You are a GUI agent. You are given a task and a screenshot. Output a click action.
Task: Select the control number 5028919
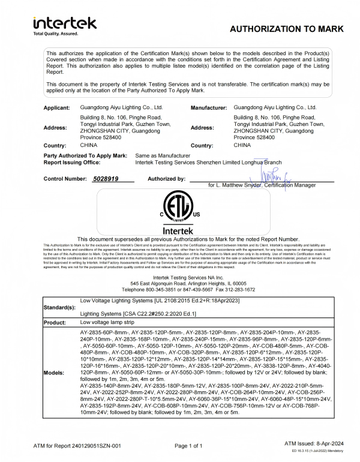tap(106, 179)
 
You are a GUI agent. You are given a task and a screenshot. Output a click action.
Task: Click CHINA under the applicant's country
tap(89, 145)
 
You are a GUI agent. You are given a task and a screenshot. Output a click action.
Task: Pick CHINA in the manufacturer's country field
tap(242, 145)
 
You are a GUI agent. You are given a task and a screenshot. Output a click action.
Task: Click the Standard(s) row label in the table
tap(60, 307)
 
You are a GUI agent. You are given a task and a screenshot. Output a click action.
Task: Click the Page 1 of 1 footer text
tap(192, 446)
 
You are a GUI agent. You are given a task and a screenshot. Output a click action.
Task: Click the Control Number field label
tap(65, 179)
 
